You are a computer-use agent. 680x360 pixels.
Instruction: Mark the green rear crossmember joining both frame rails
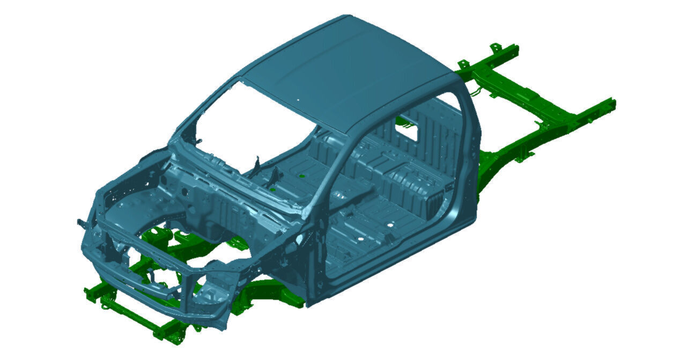[x=515, y=86]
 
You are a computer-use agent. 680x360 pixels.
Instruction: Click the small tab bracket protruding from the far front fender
[x=80, y=222]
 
